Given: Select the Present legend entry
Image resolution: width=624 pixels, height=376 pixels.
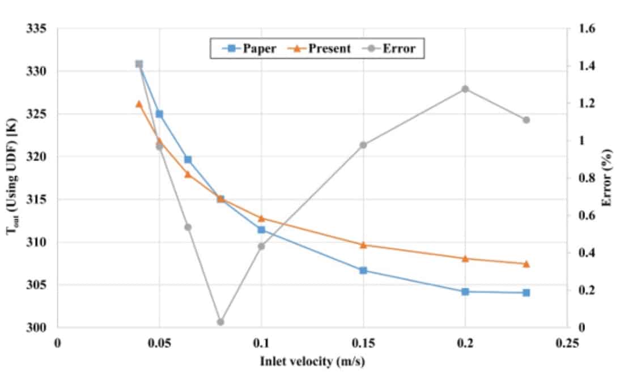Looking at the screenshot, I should (x=322, y=48).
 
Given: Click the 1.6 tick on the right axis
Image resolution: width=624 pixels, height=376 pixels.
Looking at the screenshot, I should (x=587, y=29).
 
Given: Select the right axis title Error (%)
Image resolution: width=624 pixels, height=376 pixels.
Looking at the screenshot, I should (x=608, y=177).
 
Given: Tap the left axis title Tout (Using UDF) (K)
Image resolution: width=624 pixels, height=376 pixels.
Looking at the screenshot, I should (x=12, y=177).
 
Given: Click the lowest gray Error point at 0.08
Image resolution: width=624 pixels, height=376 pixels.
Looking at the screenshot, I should (x=220, y=322).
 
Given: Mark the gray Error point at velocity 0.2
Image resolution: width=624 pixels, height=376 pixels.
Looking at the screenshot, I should (x=465, y=89).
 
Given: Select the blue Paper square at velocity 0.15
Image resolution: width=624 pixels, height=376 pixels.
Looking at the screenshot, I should (x=363, y=271).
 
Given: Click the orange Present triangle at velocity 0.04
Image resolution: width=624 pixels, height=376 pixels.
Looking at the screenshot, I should (x=139, y=104).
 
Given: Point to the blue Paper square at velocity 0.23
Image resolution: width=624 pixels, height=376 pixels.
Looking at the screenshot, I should (x=526, y=293).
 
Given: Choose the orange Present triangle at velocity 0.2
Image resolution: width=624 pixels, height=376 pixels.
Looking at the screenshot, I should (x=465, y=258).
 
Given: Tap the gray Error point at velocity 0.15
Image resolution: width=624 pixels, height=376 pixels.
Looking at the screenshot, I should (x=363, y=145).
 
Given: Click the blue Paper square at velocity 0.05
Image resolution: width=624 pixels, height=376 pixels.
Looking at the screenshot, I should (x=159, y=114).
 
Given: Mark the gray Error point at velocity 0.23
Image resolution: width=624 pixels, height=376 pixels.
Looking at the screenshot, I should (x=526, y=120).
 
